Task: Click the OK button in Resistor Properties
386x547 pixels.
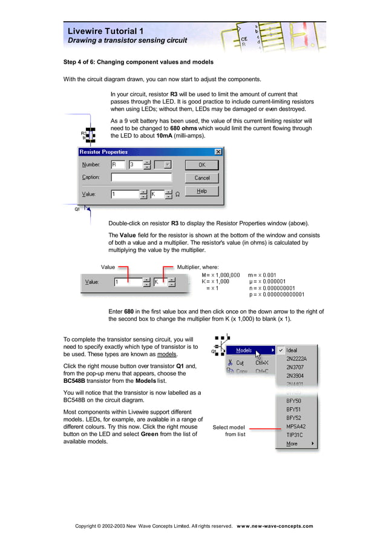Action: pyautogui.click(x=201, y=165)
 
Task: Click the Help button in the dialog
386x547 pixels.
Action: pyautogui.click(x=201, y=191)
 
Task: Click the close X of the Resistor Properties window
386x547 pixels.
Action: pyautogui.click(x=218, y=152)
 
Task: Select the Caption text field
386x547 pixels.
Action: pyautogui.click(x=141, y=177)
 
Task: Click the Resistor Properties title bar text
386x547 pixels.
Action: pyautogui.click(x=103, y=152)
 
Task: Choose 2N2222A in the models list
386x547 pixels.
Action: pyautogui.click(x=296, y=359)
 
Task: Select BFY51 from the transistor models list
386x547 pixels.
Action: pyautogui.click(x=293, y=409)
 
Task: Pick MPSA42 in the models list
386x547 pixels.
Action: pyautogui.click(x=296, y=426)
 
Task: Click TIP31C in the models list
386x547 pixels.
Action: pyautogui.click(x=295, y=435)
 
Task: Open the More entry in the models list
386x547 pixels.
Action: pyautogui.click(x=292, y=444)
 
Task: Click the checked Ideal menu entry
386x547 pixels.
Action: pyautogui.click(x=292, y=350)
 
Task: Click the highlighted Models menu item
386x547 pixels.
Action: pyautogui.click(x=244, y=350)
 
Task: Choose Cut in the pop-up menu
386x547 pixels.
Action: pyautogui.click(x=240, y=362)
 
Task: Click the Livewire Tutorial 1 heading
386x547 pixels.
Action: pyautogui.click(x=105, y=31)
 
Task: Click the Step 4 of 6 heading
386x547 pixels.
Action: pyautogui.click(x=138, y=62)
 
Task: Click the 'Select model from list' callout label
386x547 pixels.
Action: pyautogui.click(x=228, y=431)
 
